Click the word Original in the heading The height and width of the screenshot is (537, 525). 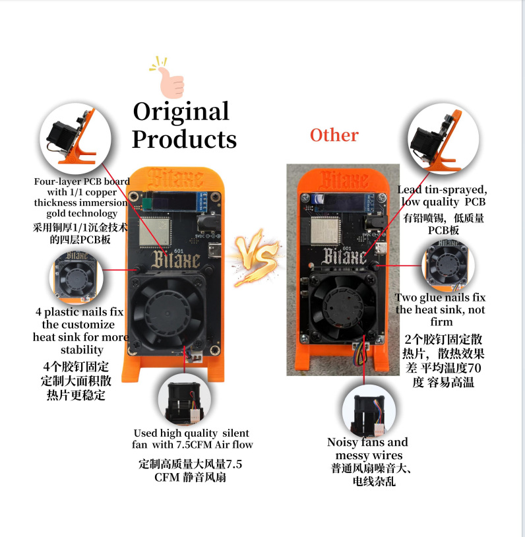tap(181, 112)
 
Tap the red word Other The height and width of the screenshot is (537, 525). tap(334, 135)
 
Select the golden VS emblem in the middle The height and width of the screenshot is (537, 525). tap(256, 257)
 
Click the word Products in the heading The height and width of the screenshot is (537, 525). tap(184, 139)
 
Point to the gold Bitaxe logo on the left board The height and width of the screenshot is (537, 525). tap(175, 259)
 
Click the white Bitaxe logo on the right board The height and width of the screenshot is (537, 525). tap(344, 255)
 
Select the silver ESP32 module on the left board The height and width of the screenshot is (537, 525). tap(155, 231)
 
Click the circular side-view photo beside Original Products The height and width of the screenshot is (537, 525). tap(75, 138)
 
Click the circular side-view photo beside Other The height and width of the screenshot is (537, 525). tap(443, 139)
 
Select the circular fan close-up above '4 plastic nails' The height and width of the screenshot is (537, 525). tap(76, 278)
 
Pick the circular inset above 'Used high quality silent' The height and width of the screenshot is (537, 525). tap(184, 400)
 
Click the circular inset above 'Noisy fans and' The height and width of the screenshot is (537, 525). tap(369, 410)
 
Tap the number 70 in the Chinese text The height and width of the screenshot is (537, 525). tap(474, 368)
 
